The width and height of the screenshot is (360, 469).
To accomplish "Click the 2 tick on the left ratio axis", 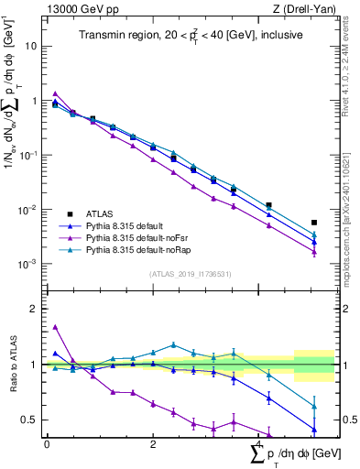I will point(32,309).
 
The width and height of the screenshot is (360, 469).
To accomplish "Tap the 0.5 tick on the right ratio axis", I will point(348,420).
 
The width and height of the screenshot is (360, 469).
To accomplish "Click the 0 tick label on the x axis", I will point(47,443).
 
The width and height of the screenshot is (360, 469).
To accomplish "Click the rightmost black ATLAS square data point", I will point(314,223).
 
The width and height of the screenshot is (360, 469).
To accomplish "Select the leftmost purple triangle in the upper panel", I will point(55,93).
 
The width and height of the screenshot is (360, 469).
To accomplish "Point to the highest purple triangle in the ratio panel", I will point(55,326).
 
